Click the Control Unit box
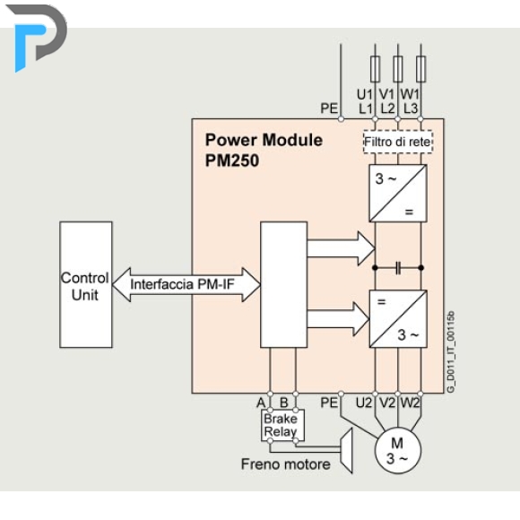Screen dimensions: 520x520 (86, 284)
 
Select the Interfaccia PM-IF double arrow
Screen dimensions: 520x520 (186, 284)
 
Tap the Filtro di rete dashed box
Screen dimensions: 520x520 (398, 142)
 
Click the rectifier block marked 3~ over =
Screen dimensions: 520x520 (398, 194)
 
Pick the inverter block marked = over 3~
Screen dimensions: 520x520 (398, 318)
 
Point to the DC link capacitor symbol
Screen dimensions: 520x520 (398, 268)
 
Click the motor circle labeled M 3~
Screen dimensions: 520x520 (398, 450)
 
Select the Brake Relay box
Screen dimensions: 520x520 (282, 426)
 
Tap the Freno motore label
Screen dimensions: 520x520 (285, 464)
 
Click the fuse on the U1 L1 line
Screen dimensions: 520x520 (375, 69)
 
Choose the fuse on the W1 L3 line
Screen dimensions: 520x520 (420, 69)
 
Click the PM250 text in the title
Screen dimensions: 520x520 (232, 160)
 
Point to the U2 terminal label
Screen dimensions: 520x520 (364, 403)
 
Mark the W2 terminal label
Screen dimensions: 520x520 (410, 403)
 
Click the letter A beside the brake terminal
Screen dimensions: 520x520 (261, 403)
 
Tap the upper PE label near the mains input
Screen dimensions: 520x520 (329, 108)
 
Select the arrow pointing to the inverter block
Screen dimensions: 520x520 (338, 319)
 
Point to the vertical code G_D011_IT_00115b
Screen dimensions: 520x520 (450, 352)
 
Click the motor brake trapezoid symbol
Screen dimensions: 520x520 (347, 450)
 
